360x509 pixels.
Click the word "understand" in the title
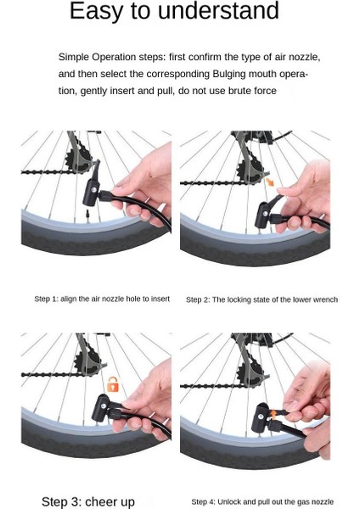click(x=218, y=10)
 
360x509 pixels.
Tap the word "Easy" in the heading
click(x=97, y=12)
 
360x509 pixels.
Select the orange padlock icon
click(x=113, y=384)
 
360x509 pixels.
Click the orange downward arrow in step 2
click(x=270, y=182)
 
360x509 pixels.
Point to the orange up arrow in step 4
click(x=273, y=414)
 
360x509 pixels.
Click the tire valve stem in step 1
click(x=87, y=215)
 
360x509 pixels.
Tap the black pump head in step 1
click(x=92, y=189)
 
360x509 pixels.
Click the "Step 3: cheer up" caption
click(x=88, y=501)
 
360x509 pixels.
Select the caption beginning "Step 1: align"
click(x=102, y=299)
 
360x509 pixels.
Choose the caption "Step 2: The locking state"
click(x=262, y=299)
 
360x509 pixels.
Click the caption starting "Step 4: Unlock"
click(x=262, y=502)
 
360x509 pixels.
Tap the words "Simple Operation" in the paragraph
click(x=97, y=58)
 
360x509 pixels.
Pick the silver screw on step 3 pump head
click(x=104, y=406)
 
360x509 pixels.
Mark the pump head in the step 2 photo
click(x=263, y=215)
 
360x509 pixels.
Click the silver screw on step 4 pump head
click(x=261, y=417)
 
